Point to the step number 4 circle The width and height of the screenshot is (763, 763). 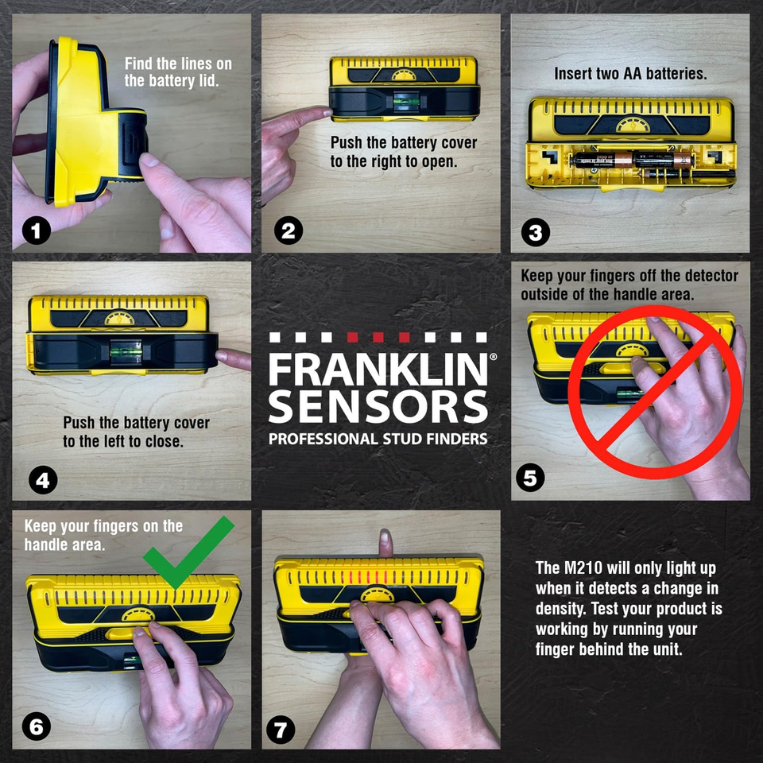[x=42, y=480]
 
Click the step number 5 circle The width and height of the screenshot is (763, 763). [x=530, y=478]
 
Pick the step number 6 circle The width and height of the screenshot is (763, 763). [x=37, y=726]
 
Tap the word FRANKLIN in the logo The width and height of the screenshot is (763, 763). [x=377, y=370]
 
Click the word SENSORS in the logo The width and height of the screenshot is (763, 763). [x=377, y=407]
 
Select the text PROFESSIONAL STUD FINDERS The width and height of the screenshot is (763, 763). [x=377, y=440]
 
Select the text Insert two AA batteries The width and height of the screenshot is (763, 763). [x=630, y=74]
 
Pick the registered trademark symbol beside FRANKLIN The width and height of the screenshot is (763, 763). [x=493, y=358]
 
